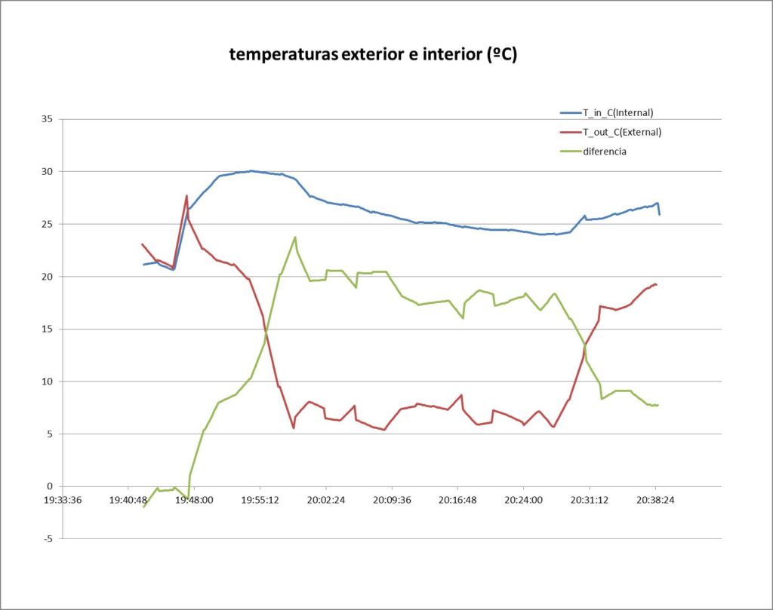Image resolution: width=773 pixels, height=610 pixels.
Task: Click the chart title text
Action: click(x=373, y=54)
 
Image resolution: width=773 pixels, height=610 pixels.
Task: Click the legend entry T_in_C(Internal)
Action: click(x=617, y=113)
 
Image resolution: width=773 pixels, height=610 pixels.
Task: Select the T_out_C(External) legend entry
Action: click(x=621, y=132)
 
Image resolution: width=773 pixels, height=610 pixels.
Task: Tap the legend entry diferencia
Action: click(x=604, y=152)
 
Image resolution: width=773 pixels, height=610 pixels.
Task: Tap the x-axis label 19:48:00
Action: click(x=194, y=500)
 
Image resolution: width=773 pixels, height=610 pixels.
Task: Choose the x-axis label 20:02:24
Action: click(x=326, y=500)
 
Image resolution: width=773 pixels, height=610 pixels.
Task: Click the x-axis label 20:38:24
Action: click(x=655, y=500)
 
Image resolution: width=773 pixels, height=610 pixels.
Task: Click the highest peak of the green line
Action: click(x=295, y=237)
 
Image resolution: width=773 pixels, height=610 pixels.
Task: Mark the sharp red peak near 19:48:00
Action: click(x=186, y=196)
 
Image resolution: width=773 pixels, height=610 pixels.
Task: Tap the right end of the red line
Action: click(x=657, y=284)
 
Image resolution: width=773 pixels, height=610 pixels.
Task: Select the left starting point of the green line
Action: click(x=143, y=507)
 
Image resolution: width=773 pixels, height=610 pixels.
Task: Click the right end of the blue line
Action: click(x=659, y=215)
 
